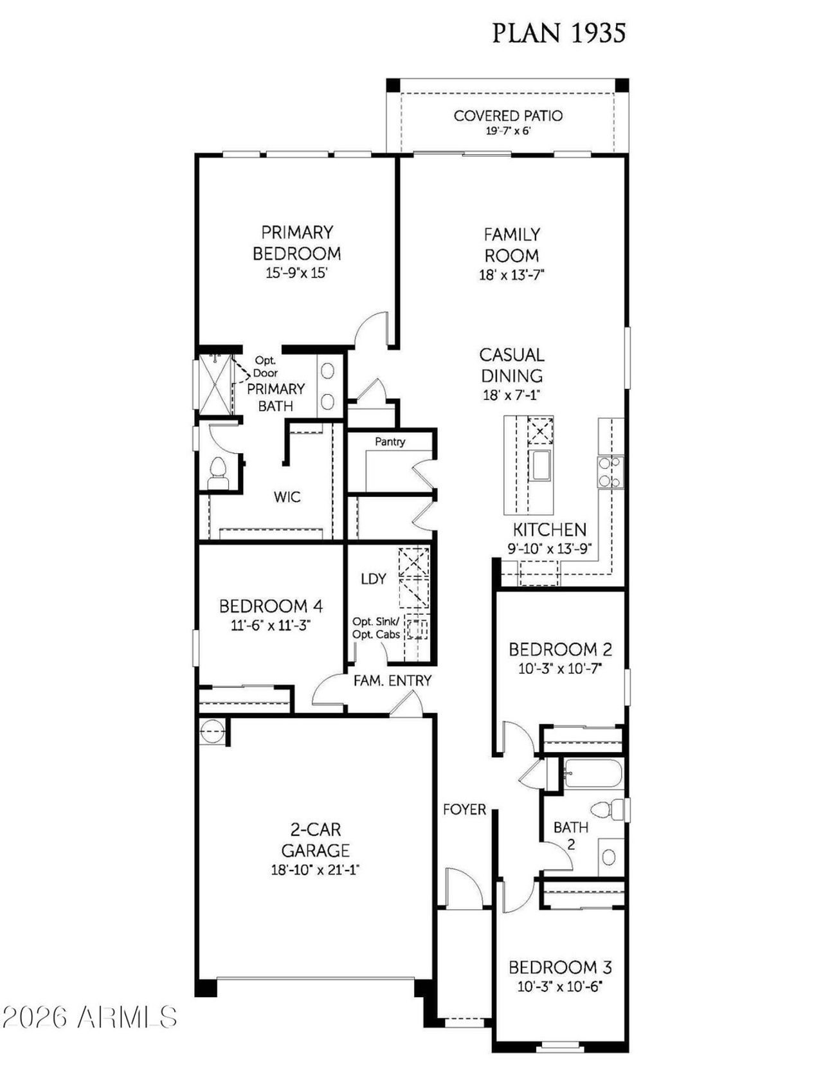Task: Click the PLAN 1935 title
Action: [x=558, y=33]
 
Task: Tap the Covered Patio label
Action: [x=508, y=116]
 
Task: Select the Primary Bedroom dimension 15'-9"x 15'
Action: [x=297, y=273]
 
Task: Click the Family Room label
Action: [x=512, y=244]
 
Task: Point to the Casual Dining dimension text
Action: [x=512, y=395]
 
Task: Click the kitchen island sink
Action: [x=540, y=465]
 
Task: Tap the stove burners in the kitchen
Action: [x=610, y=471]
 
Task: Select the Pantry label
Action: [x=390, y=442]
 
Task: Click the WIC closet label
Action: [x=287, y=497]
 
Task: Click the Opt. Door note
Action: [x=266, y=366]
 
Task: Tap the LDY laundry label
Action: [x=374, y=579]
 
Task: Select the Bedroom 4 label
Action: [x=271, y=606]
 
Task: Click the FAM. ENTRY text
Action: [x=392, y=680]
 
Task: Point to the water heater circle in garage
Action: [x=212, y=731]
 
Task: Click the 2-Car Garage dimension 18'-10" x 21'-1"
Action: [x=315, y=871]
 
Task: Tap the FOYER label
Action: [x=464, y=809]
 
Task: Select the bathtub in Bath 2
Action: [x=593, y=773]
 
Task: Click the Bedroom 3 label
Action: [x=560, y=967]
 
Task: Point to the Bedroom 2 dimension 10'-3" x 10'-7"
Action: [x=560, y=669]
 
